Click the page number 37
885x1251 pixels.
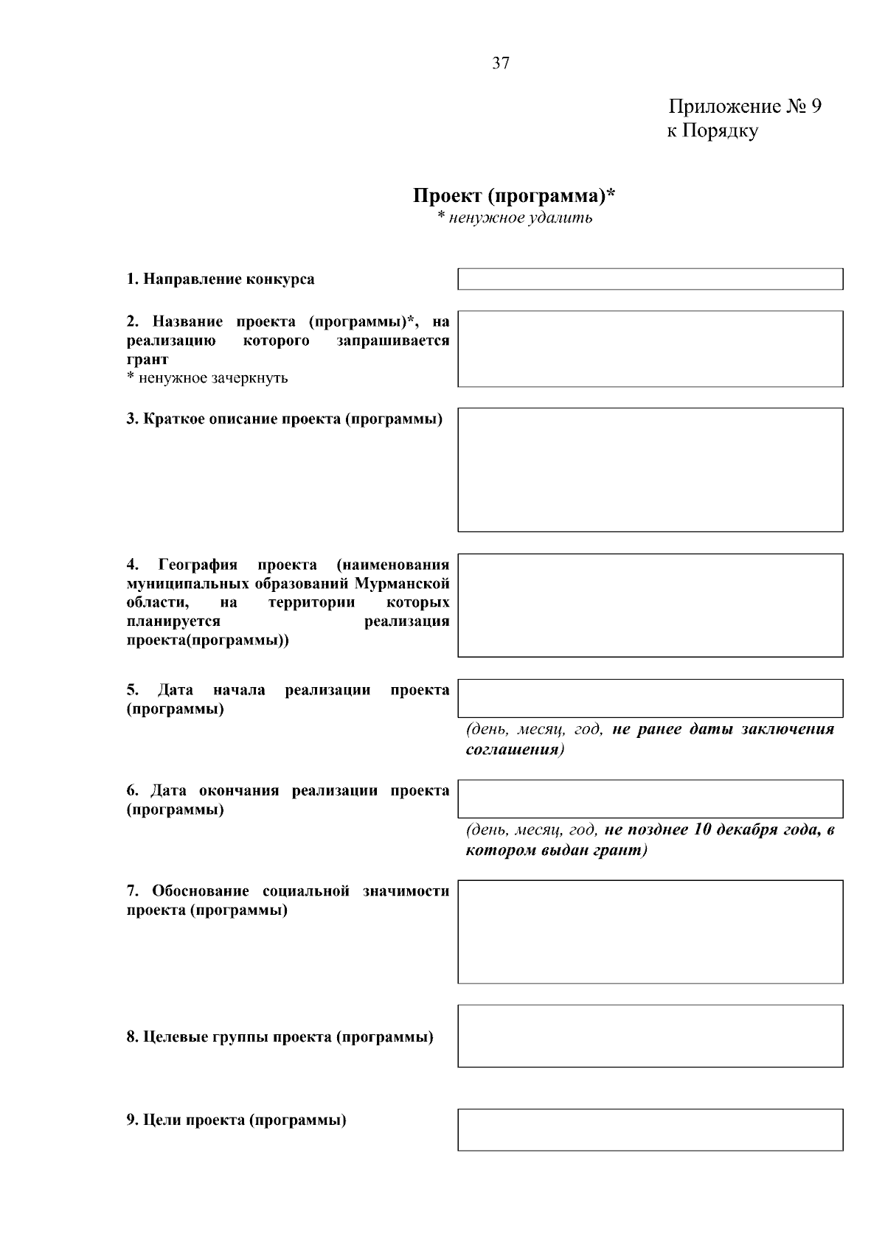500,63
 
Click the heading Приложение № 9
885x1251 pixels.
744,107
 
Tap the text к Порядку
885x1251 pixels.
712,132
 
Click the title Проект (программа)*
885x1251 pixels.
514,196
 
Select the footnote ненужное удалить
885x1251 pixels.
518,218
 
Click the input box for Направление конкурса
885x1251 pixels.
650,279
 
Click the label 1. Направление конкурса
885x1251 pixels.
220,279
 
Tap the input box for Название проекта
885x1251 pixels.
650,349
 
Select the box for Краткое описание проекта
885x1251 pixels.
650,470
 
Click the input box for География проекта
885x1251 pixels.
650,605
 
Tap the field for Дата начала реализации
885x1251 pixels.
650,698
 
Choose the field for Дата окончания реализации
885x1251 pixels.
650,799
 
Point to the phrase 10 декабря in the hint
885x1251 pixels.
732,830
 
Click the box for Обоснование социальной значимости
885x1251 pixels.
650,931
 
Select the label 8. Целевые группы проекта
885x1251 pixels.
280,1037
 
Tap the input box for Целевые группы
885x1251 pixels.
650,1036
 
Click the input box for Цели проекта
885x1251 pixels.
650,1129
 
